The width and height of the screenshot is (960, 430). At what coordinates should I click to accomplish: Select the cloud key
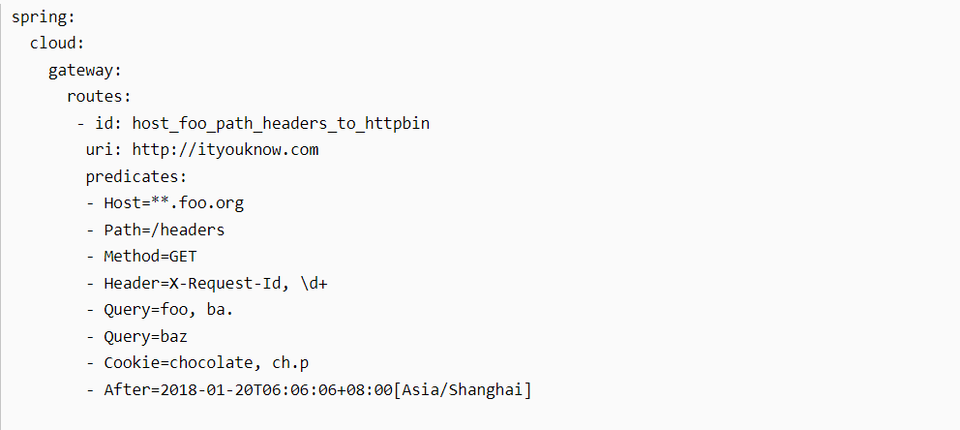[57, 45]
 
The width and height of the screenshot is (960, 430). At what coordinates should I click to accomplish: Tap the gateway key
[85, 71]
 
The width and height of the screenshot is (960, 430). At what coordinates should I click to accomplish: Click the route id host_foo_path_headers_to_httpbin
[281, 124]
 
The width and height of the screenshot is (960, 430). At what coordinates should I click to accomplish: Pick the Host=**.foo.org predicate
[174, 203]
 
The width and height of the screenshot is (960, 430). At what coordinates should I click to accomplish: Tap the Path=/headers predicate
[165, 230]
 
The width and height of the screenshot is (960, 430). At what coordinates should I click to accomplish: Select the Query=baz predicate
[145, 336]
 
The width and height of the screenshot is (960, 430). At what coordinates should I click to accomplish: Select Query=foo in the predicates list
[145, 310]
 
